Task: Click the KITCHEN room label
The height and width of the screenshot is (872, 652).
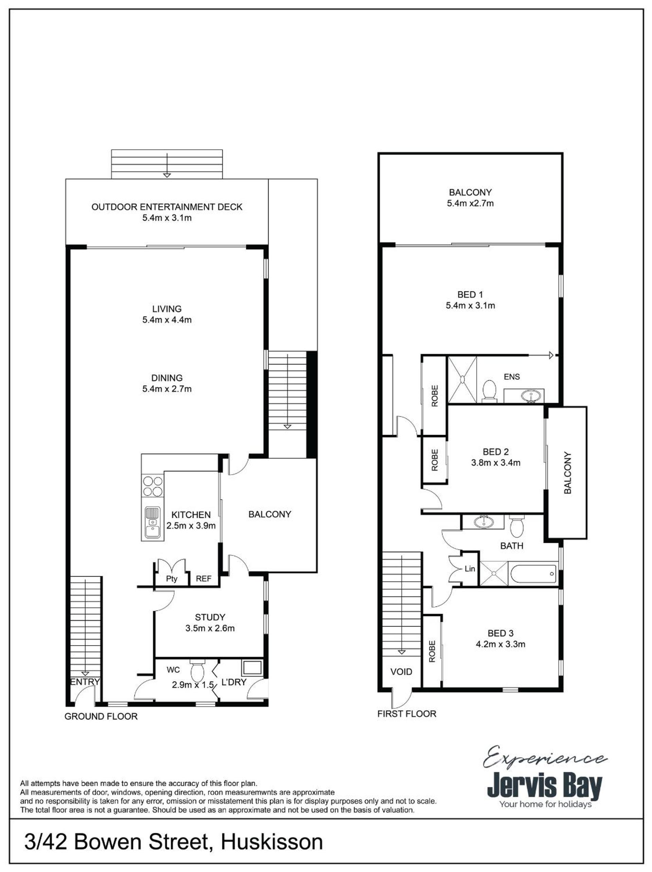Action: [191, 514]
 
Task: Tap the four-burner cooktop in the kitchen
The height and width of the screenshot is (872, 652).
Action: [153, 486]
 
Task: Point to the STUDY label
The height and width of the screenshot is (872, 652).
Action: [210, 617]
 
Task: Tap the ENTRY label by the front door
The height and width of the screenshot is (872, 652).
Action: [85, 682]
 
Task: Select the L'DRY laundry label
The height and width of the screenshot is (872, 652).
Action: [234, 682]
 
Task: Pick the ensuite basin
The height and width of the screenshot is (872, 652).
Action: [529, 395]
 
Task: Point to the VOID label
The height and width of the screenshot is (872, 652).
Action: [401, 671]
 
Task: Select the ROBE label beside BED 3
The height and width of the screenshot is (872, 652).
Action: [432, 651]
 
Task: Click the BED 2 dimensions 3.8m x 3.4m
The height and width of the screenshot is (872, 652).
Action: [496, 463]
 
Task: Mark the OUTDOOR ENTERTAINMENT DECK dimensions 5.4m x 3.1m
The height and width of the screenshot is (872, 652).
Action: [167, 218]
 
